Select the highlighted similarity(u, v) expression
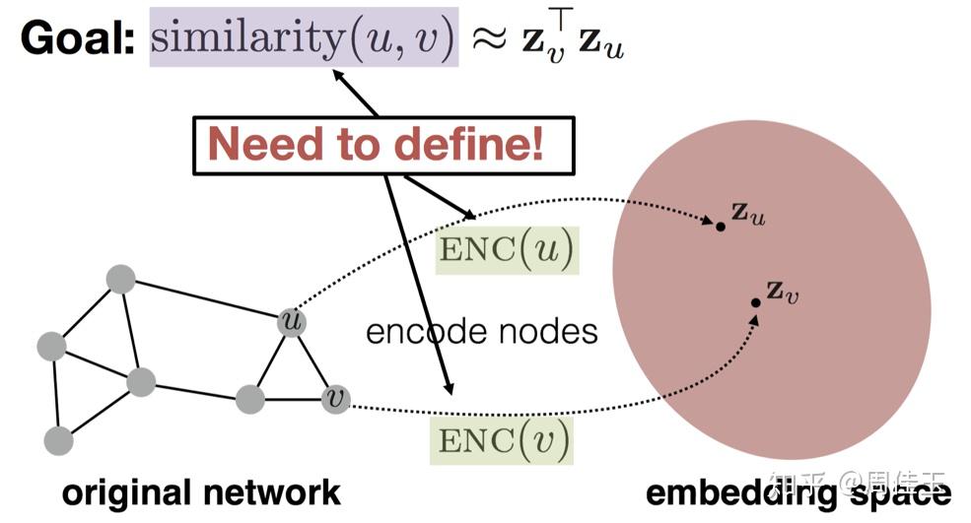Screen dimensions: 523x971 point(304,37)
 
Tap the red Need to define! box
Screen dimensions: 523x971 point(382,145)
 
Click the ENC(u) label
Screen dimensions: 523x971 point(507,250)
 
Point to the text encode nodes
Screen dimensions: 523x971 point(481,330)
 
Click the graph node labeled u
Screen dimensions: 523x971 point(291,321)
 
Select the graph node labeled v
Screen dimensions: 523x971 point(336,399)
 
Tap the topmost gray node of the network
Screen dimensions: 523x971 point(120,279)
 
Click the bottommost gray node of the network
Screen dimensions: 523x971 point(58,440)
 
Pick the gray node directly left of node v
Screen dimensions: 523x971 point(250,399)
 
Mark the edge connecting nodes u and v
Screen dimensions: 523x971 point(313,360)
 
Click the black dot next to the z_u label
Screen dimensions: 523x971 point(721,227)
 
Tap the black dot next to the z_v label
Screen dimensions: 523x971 point(755,301)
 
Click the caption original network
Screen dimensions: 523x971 point(201,491)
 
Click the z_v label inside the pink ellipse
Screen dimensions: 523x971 point(782,292)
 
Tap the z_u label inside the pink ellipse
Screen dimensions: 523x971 point(747,214)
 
